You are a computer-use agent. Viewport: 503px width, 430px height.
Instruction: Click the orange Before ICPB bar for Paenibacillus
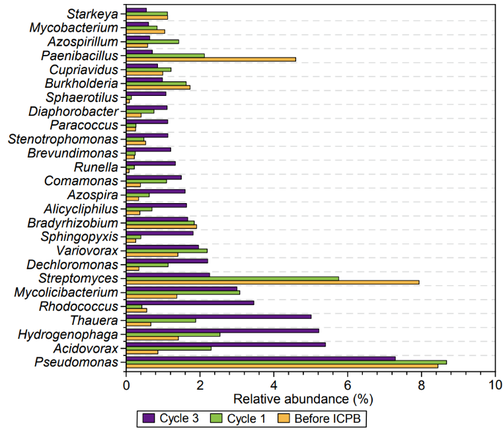[x=212, y=60]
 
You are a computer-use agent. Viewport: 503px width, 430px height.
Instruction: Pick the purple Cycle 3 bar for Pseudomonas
[x=260, y=358]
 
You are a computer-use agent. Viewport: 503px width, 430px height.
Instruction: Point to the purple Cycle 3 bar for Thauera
[x=218, y=316]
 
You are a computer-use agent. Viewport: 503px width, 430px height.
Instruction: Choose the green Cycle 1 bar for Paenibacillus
[x=165, y=56]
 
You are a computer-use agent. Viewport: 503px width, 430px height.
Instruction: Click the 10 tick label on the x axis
[x=494, y=383]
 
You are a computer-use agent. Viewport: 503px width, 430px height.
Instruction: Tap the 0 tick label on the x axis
[x=126, y=383]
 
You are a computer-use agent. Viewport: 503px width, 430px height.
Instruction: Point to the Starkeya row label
[x=93, y=14]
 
